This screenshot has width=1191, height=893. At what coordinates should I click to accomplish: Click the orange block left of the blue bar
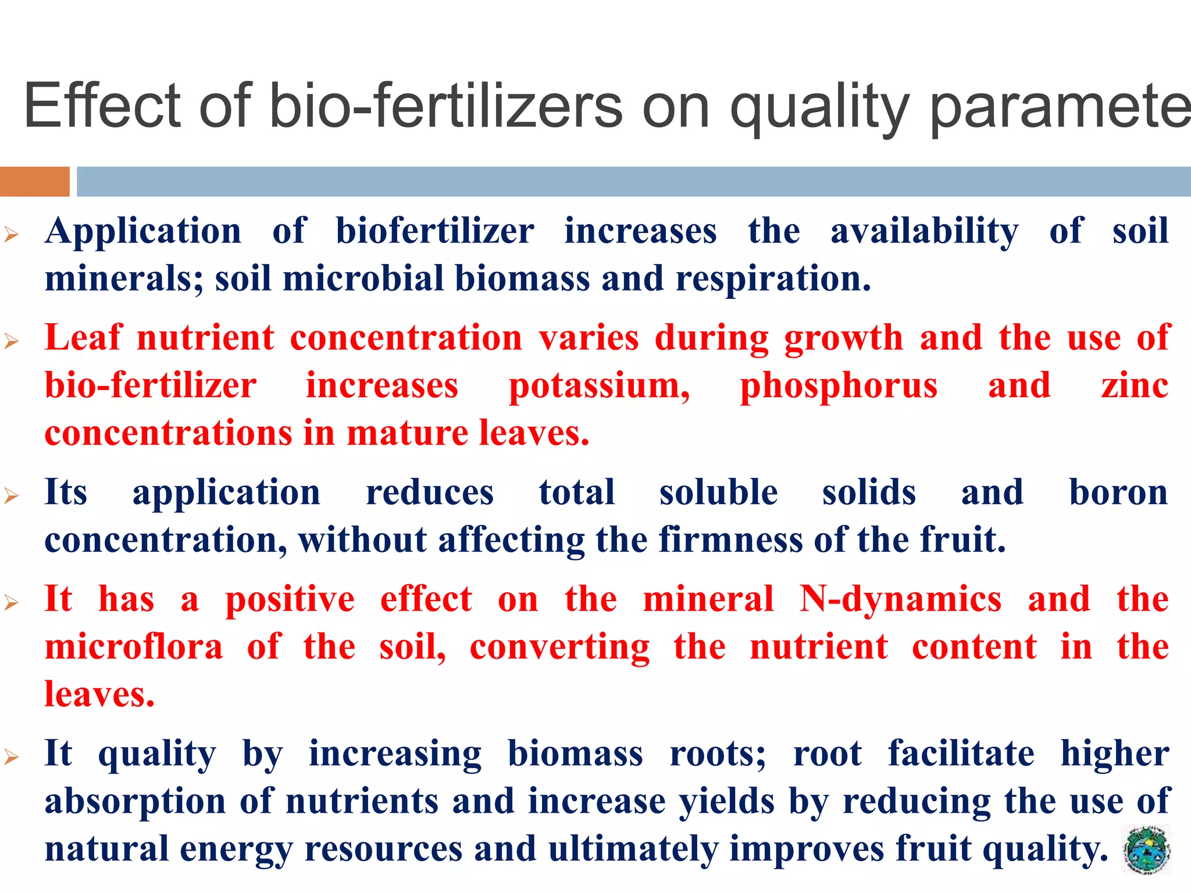coord(34,181)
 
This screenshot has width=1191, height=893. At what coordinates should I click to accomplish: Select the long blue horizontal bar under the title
coord(633,181)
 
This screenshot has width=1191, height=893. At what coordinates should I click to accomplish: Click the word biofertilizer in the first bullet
coord(435,231)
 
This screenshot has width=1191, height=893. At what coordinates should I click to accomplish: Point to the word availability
coord(924,231)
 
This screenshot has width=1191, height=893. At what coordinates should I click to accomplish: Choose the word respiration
coord(773,279)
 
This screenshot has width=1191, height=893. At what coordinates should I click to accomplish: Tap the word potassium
coord(599,386)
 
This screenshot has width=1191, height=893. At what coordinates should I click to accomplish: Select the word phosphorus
coord(838,386)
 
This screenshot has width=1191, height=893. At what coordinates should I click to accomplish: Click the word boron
coord(1118,492)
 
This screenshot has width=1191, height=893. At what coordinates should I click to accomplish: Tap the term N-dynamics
coord(900,599)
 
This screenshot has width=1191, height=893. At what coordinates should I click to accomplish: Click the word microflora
coord(134,647)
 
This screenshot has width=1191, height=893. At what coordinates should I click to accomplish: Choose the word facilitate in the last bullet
coord(961,753)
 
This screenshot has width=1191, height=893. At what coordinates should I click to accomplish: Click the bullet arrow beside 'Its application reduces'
coord(12,496)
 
